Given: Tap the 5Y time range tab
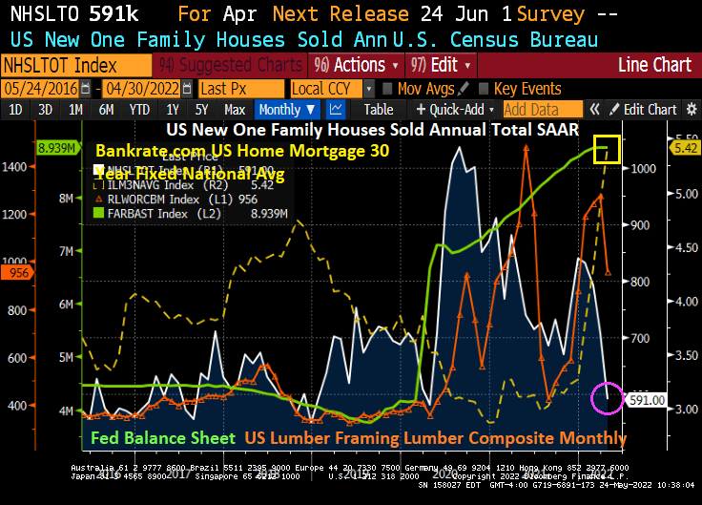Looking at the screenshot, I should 200,110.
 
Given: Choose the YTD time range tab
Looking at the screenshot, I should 140,110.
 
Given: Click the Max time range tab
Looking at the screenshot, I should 235,110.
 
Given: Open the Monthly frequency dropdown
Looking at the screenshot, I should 287,110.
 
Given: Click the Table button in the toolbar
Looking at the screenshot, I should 378,110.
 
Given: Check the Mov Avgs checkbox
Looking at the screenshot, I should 388,88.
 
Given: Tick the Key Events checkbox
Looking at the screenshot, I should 484,88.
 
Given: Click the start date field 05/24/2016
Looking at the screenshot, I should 40,88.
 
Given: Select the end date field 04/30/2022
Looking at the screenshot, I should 143,88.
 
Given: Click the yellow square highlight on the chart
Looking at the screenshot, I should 608,148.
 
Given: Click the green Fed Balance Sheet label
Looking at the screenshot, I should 162,439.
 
